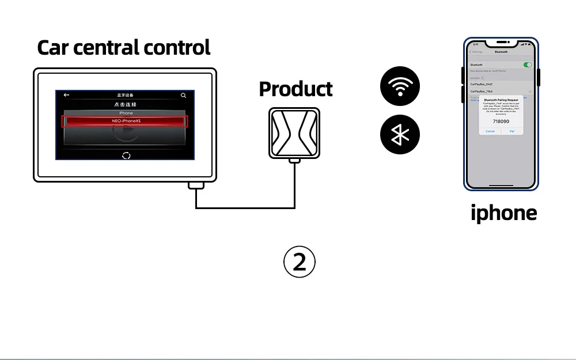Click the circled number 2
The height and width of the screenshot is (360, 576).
(x=300, y=262)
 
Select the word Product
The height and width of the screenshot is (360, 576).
(x=295, y=89)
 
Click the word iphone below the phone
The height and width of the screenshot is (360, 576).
(x=503, y=213)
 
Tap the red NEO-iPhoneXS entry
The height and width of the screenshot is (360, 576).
(x=126, y=121)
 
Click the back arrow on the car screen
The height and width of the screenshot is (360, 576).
(x=66, y=95)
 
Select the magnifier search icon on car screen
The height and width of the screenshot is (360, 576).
(x=183, y=95)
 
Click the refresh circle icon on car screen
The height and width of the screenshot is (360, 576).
(x=126, y=155)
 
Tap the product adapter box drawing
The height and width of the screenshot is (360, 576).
(x=294, y=132)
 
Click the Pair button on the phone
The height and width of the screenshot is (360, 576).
(x=512, y=131)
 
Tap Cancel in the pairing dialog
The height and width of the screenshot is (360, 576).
(x=490, y=131)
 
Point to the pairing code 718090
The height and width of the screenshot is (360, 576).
(x=501, y=122)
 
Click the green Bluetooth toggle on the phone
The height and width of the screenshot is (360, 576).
(x=527, y=65)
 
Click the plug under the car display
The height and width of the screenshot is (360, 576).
(x=196, y=185)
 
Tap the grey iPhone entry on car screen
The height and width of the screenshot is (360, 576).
(x=126, y=113)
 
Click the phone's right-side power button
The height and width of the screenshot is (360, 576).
(x=538, y=78)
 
